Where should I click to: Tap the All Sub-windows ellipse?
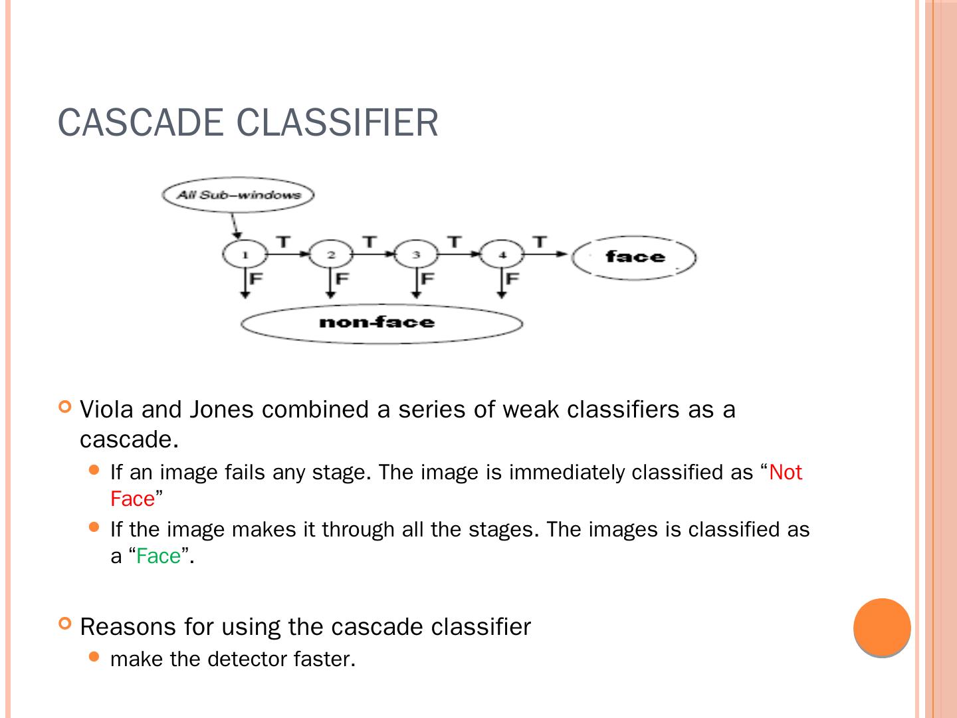[x=238, y=195]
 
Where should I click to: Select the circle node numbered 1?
[x=245, y=255]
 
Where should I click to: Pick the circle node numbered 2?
[x=331, y=255]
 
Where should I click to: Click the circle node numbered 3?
[x=416, y=255]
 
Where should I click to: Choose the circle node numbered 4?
[x=502, y=255]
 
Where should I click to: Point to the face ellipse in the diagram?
[x=634, y=257]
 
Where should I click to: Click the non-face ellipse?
[x=381, y=323]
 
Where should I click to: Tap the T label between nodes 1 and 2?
[x=283, y=241]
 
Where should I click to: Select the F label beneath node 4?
[x=512, y=278]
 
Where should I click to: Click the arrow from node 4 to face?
[x=546, y=254]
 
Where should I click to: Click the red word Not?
[x=786, y=472]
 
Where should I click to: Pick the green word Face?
[x=158, y=556]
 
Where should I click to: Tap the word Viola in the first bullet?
[x=107, y=410]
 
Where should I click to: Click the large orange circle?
[x=882, y=628]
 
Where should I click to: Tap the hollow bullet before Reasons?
[x=64, y=624]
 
